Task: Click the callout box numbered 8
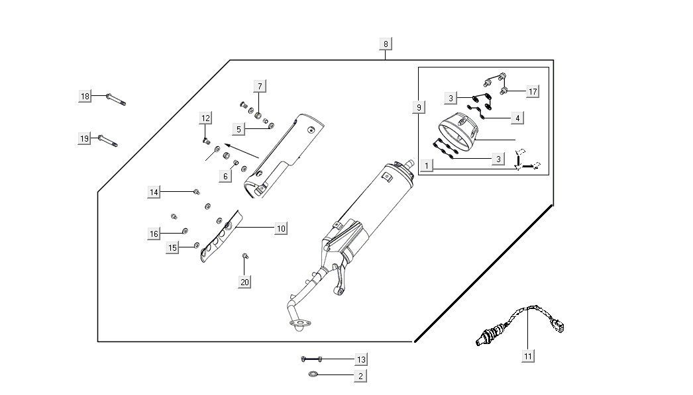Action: coord(386,44)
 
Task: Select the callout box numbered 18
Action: coord(85,97)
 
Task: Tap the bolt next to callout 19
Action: coord(108,140)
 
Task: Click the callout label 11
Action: coord(528,356)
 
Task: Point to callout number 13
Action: coord(360,359)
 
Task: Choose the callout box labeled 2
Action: coord(360,376)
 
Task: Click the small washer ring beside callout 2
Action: coord(313,375)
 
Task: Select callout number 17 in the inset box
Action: coord(532,91)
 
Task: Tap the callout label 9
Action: coord(419,107)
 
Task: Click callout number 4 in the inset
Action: coord(517,118)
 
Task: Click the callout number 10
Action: coord(281,228)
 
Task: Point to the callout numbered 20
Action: coord(244,282)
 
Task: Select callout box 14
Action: coord(154,192)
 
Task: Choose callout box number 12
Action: coord(206,118)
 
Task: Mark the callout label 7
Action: coord(260,86)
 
